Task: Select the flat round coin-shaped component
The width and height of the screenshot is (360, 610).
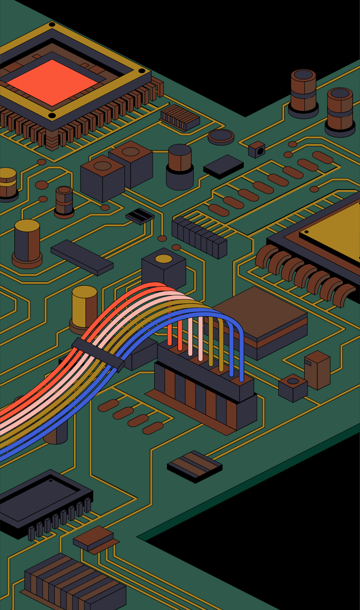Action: [221, 137]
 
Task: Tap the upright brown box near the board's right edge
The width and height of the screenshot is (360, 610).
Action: [317, 369]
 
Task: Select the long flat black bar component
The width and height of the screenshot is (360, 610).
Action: [82, 257]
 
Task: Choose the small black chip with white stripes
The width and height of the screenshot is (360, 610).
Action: [140, 216]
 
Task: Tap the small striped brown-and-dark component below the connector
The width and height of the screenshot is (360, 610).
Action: [195, 466]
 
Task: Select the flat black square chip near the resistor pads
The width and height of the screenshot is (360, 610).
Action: [223, 166]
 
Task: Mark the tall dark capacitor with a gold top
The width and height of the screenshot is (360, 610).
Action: [27, 244]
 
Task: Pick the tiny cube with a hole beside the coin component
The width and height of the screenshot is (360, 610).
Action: [256, 150]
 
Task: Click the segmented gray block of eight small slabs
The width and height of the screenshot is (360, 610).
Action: [199, 236]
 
